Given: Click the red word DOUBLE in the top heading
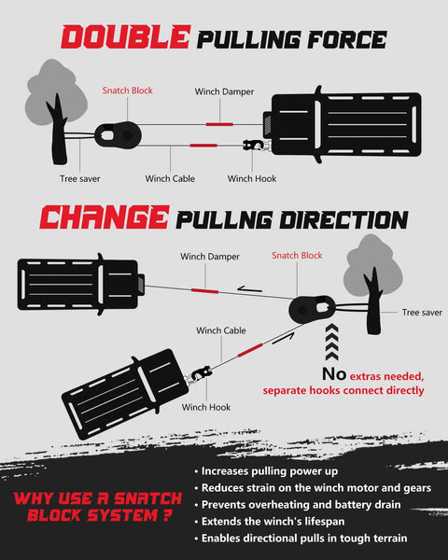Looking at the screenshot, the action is pyautogui.click(x=125, y=36).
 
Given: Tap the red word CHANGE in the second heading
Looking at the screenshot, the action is pyautogui.click(x=104, y=217).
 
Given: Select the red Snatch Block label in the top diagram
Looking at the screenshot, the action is pyautogui.click(x=128, y=91).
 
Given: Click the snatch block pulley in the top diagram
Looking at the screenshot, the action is pyautogui.click(x=119, y=135).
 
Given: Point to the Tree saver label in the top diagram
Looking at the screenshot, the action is pyautogui.click(x=80, y=178).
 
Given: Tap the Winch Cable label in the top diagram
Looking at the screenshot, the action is pyautogui.click(x=170, y=178).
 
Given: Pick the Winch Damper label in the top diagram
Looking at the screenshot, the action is pyautogui.click(x=224, y=91).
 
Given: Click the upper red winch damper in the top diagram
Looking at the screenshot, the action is pyautogui.click(x=219, y=124).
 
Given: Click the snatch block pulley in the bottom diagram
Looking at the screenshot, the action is pyautogui.click(x=312, y=309).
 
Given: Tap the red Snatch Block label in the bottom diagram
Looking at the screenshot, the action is pyautogui.click(x=297, y=256).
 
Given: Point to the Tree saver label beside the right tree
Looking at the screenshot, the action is pyautogui.click(x=422, y=313).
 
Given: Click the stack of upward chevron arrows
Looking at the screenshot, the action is pyautogui.click(x=332, y=343).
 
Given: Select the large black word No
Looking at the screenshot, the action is pyautogui.click(x=334, y=374).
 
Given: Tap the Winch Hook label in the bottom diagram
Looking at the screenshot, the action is pyautogui.click(x=206, y=407).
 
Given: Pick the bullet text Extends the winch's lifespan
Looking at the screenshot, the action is pyautogui.click(x=273, y=522).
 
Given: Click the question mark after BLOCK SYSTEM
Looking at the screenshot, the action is pyautogui.click(x=167, y=515).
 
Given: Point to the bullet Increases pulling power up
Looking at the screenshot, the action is pyautogui.click(x=270, y=471).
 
